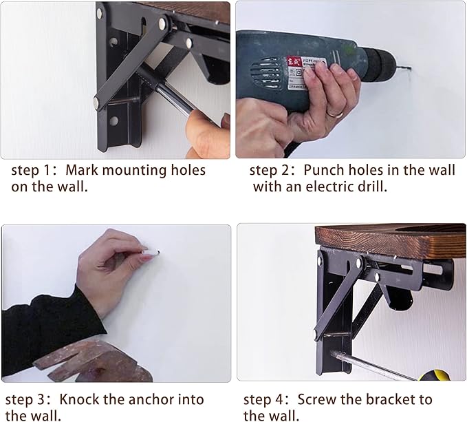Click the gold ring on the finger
[335, 114]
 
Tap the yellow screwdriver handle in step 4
[434, 375]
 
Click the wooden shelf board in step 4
[390, 240]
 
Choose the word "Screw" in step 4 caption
[317, 400]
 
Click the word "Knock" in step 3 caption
[79, 400]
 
